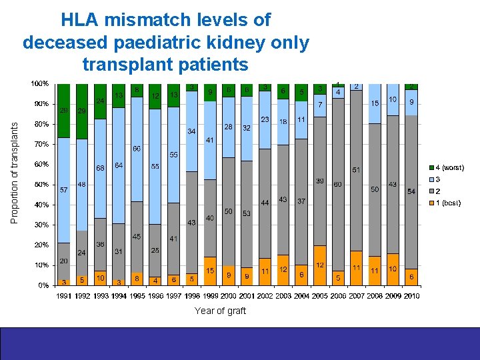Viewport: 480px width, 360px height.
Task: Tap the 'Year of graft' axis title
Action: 220,311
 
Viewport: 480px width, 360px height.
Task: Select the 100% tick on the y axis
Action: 39,83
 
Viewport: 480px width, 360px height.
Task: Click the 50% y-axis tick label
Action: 41,184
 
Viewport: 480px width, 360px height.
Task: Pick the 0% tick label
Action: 43,285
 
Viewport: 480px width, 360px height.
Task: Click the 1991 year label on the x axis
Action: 64,296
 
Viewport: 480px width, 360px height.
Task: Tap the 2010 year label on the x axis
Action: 411,296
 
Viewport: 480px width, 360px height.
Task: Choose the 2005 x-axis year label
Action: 320,296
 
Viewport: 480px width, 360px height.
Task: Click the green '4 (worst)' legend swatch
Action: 431,168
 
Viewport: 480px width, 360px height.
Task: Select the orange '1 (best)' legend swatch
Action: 431,203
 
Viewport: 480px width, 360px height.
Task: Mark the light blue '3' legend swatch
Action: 431,180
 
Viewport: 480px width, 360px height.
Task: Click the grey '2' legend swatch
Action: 431,191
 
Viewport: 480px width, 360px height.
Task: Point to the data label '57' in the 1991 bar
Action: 64,190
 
